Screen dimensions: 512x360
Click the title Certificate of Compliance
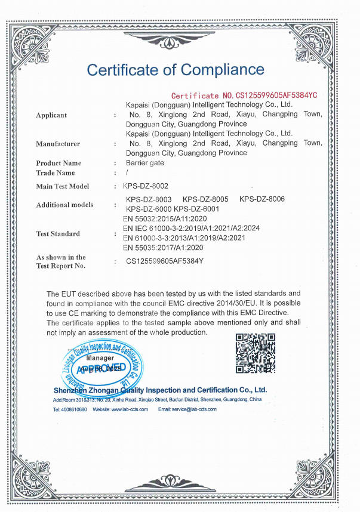[x=176, y=70]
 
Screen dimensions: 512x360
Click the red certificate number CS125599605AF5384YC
[x=244, y=95]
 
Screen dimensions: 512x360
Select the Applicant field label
[x=51, y=115]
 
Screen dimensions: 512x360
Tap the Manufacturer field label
[x=58, y=144]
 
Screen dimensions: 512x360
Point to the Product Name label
[x=59, y=163]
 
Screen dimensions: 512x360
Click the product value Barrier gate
[x=144, y=163]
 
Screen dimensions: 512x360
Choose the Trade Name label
[x=56, y=173]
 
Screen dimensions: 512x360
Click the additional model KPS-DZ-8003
[x=149, y=199]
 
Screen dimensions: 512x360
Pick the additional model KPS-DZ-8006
[x=261, y=199]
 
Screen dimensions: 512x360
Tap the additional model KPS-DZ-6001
[x=196, y=209]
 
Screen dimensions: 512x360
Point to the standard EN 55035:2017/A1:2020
[x=163, y=248]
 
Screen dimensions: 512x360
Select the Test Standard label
[x=58, y=233]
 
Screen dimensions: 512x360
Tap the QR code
[x=256, y=353]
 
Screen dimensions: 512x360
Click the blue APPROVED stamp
[x=101, y=366]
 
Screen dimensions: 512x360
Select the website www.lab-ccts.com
[x=130, y=409]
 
